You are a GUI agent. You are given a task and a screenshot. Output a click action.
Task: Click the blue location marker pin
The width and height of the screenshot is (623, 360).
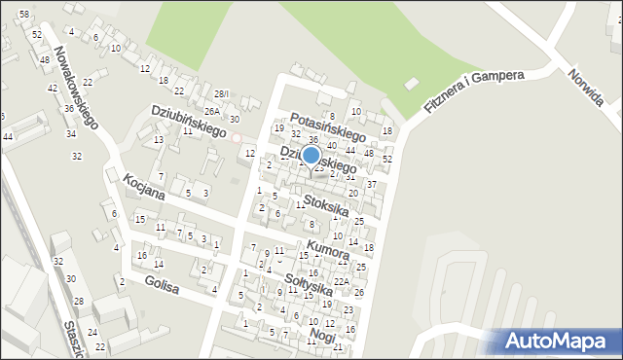[311, 156]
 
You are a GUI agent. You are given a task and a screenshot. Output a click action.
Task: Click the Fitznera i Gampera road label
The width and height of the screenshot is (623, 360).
[474, 90]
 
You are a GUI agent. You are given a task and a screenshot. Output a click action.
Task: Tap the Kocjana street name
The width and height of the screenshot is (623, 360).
[144, 185]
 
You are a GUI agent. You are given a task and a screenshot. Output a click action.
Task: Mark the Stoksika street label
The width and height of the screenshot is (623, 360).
[325, 206]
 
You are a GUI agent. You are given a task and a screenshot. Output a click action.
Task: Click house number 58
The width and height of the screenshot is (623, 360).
[23, 15]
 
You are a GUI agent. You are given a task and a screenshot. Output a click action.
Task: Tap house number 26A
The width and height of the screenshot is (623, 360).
[211, 111]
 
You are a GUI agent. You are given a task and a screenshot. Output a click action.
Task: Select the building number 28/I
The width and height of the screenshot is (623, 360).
[222, 93]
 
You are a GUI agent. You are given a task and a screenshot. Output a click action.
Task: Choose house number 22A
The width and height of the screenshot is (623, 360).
[341, 282]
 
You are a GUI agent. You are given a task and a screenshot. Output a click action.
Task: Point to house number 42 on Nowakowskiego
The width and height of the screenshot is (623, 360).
[54, 88]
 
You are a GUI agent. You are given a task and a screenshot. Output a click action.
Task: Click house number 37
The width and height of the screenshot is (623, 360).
[371, 184]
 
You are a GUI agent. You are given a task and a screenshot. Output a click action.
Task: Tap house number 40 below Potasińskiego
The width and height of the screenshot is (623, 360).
[332, 146]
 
